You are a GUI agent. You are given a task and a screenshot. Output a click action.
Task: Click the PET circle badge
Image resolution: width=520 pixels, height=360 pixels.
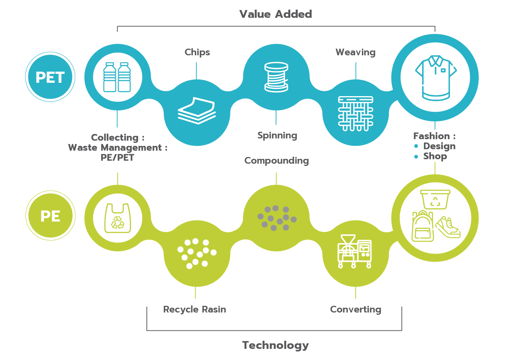(x=50, y=77)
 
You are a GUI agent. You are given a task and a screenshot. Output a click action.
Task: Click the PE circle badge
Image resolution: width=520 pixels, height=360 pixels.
(x=50, y=216)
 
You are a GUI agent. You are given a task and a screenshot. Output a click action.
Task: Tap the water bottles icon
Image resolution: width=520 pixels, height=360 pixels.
(x=117, y=77)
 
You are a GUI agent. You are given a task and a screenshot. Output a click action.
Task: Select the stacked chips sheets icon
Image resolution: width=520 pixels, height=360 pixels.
(x=197, y=111)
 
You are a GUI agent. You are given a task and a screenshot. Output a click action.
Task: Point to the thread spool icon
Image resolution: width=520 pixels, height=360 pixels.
(x=276, y=77)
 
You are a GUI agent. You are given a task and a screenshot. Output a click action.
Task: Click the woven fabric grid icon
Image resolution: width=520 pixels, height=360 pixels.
(x=356, y=113)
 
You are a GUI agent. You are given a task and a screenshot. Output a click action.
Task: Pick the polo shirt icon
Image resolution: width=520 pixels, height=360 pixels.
(x=435, y=78)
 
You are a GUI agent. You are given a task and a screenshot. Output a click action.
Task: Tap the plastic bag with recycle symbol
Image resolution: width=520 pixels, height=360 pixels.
(x=118, y=218)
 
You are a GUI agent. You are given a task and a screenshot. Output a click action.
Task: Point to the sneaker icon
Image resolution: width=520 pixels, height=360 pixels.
(x=448, y=227)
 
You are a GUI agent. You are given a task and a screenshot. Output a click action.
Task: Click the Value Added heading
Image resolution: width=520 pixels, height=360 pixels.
(x=276, y=14)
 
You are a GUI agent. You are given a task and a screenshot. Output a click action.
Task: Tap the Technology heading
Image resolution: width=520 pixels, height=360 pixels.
(x=275, y=345)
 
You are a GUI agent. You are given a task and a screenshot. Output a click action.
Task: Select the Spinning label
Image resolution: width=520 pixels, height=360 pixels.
(x=277, y=135)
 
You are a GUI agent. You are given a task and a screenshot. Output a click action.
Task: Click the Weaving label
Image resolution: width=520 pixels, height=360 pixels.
(x=356, y=52)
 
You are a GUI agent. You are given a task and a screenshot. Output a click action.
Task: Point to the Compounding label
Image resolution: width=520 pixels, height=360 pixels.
(x=277, y=161)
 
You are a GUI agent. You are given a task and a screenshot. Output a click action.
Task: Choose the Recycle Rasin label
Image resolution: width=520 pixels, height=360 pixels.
(x=194, y=310)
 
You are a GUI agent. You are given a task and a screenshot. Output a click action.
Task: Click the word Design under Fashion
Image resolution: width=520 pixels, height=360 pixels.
(x=439, y=146)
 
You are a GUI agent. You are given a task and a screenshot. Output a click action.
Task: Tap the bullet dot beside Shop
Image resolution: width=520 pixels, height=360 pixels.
(x=416, y=157)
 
